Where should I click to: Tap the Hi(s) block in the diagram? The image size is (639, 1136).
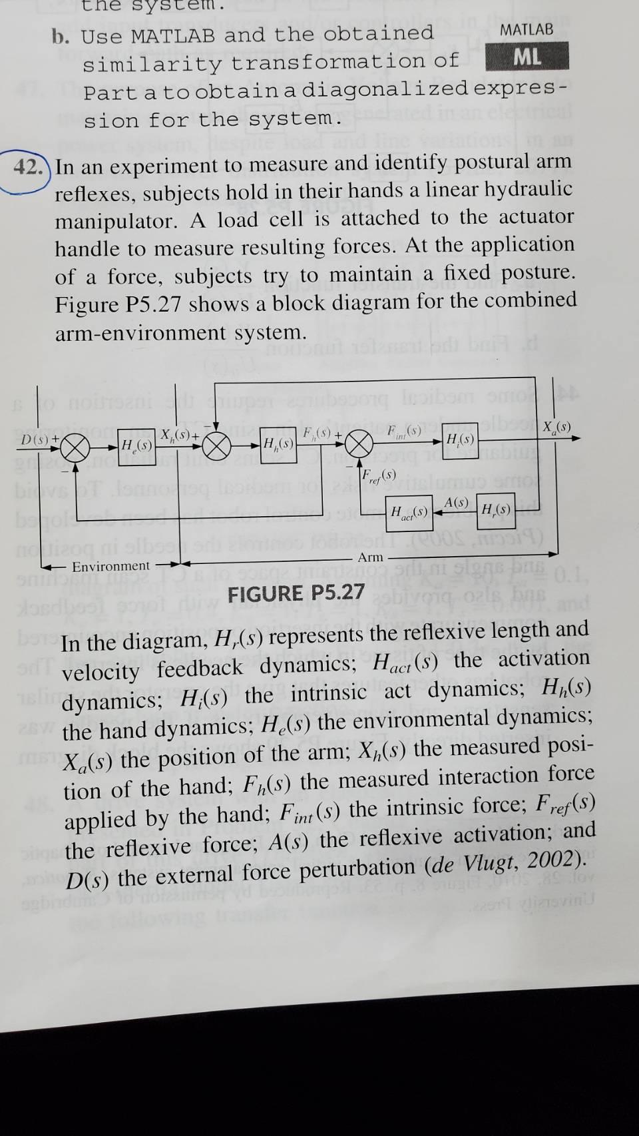click(x=460, y=439)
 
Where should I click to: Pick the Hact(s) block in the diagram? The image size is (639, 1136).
click(x=409, y=512)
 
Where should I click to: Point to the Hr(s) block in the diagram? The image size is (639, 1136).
click(x=496, y=511)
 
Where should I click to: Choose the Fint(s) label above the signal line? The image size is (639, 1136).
click(x=403, y=431)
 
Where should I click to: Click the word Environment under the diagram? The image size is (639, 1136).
click(x=111, y=566)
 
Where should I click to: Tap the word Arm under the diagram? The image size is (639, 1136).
click(x=371, y=557)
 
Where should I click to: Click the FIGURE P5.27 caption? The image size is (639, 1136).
click(x=296, y=592)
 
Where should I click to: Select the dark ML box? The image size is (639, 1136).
click(x=527, y=57)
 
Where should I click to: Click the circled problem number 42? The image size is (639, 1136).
click(x=29, y=166)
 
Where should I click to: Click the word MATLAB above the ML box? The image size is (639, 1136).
click(x=527, y=30)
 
